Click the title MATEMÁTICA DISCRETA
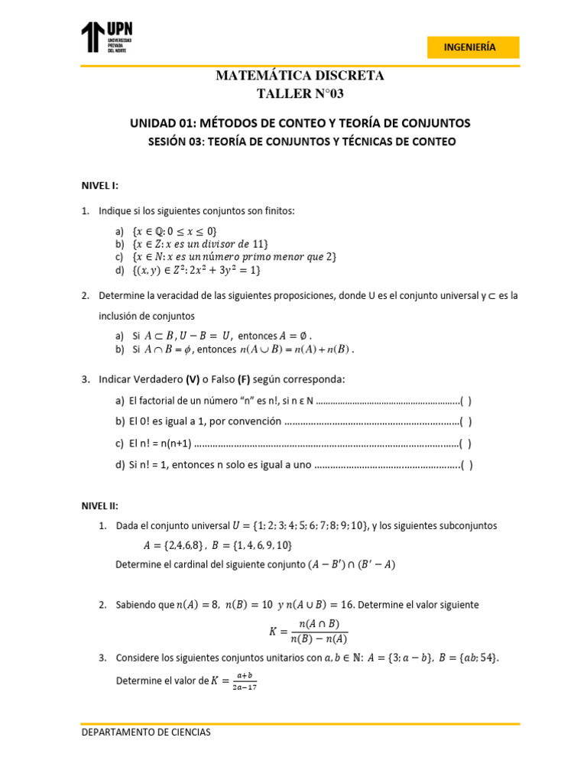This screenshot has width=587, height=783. point(300,76)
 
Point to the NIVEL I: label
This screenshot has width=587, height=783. point(100,185)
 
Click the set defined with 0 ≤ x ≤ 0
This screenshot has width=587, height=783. point(175,231)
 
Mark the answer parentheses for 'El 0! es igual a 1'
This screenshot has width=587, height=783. point(465,421)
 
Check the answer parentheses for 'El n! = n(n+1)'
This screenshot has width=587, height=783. point(465,443)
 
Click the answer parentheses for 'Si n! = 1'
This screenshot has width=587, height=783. point(465,464)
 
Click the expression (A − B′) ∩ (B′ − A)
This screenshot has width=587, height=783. point(352,565)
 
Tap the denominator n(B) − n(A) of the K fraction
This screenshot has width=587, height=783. point(319,639)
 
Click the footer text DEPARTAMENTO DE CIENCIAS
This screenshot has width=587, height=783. point(146,732)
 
